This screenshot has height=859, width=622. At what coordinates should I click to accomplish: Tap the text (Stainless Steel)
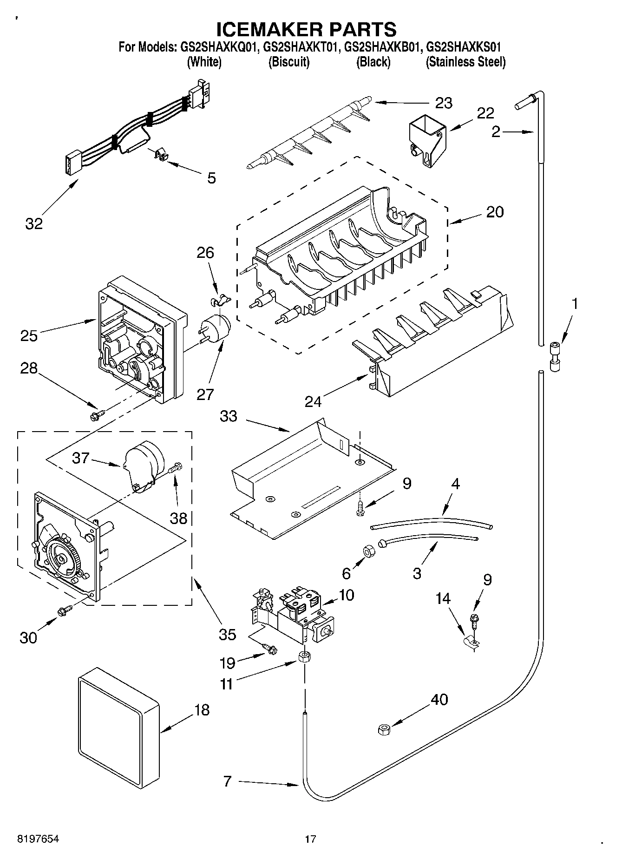point(465,62)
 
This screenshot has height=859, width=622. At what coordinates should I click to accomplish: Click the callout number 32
point(34,223)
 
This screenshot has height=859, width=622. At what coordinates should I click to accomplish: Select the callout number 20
point(495,212)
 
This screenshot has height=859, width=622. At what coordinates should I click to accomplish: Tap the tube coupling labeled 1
point(555,356)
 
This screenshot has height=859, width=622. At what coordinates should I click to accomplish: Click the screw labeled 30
point(65,610)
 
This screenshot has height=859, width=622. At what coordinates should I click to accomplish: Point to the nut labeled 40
point(384,730)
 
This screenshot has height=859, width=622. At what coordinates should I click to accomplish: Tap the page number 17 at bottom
point(310,839)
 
